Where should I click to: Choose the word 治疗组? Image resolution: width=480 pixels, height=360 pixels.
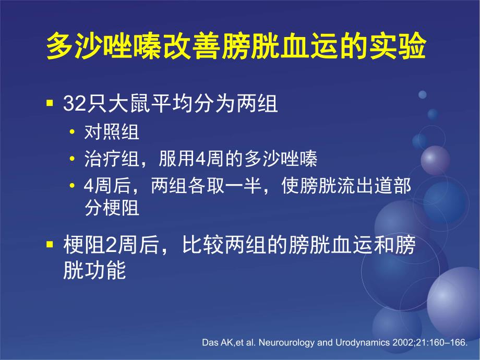(112, 159)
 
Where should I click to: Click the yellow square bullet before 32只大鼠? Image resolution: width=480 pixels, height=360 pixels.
(50, 103)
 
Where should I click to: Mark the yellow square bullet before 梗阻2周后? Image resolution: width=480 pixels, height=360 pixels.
(50, 245)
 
